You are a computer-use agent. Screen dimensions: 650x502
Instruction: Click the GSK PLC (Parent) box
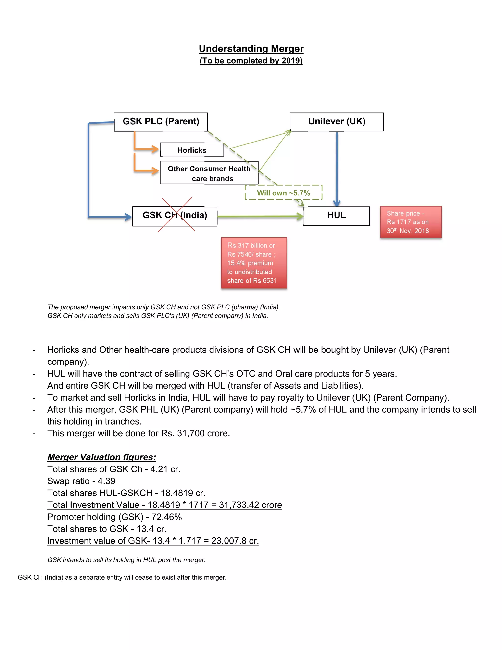coord(161,121)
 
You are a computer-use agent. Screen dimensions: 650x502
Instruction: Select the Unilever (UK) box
coord(336,121)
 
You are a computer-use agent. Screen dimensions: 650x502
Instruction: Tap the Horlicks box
coord(192,150)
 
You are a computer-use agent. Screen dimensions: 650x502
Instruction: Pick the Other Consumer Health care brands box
coord(209,173)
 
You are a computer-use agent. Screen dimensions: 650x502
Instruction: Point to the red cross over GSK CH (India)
coord(176,214)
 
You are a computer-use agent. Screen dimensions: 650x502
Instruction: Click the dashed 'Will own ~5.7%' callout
coord(283,193)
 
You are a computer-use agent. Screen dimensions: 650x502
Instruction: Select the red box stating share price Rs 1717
coord(411,222)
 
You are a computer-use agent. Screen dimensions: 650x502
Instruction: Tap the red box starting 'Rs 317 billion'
coord(254,263)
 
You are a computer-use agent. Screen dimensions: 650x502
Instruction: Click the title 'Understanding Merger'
coord(251,48)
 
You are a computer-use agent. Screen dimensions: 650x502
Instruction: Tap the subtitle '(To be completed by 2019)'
coord(251,61)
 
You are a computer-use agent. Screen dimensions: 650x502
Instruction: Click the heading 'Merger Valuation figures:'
coord(101,457)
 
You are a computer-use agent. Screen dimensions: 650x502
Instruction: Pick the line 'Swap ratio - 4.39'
coord(81,481)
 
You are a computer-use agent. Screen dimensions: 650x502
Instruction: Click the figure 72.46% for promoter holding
coord(166,517)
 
